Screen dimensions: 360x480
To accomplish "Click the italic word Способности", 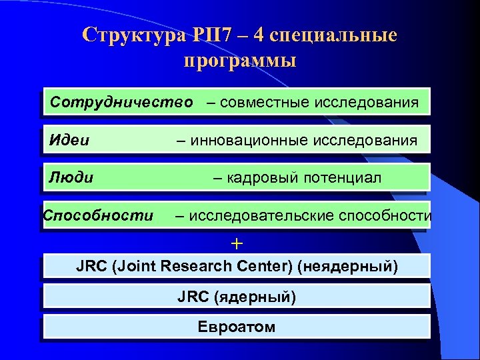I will pos(97,215).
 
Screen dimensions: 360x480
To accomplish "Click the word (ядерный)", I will pos(255,297).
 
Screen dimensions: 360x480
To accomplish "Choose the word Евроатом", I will pos(237,327).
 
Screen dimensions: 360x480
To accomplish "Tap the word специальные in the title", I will pos(339,35).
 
